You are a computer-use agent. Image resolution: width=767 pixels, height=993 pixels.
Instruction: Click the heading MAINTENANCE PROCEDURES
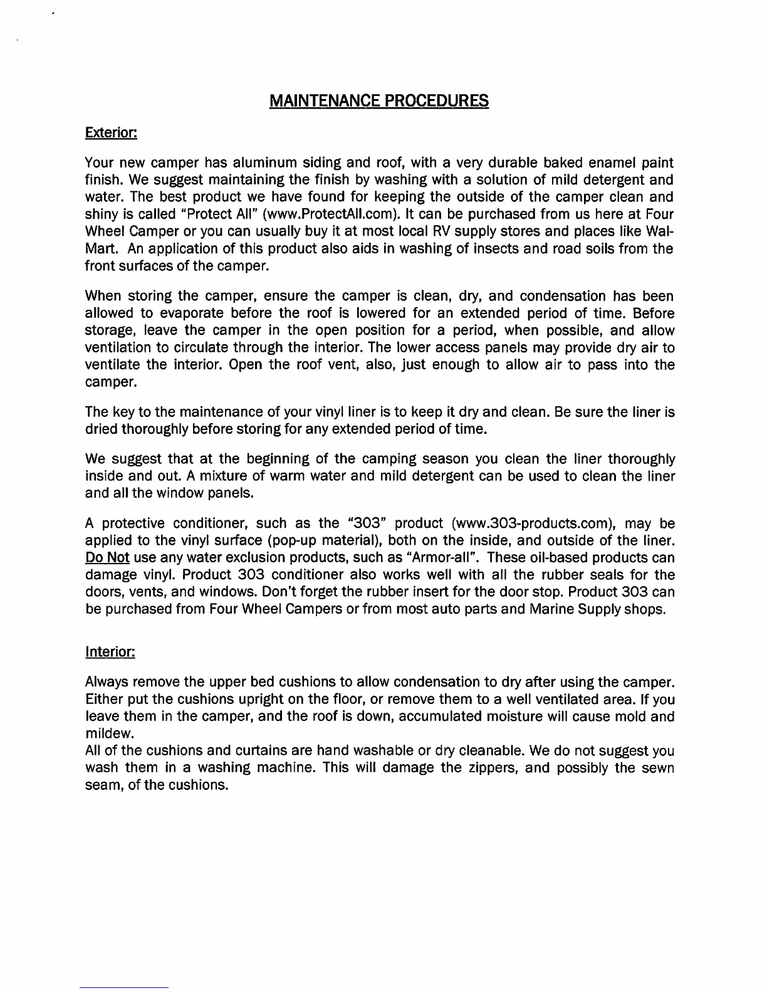[378, 101]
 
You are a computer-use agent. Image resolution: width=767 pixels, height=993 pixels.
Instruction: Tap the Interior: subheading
[110, 652]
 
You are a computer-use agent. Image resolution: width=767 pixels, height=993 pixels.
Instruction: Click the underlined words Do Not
[107, 558]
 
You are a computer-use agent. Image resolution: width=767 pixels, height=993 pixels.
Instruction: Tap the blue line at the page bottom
[124, 987]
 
